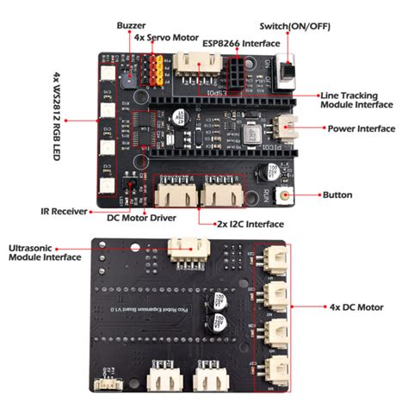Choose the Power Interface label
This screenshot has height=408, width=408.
[360, 128]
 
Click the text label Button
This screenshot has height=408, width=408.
[337, 195]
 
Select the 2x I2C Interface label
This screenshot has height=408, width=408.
[249, 223]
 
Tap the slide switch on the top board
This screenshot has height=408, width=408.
[290, 71]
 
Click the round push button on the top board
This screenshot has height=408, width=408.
[283, 196]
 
